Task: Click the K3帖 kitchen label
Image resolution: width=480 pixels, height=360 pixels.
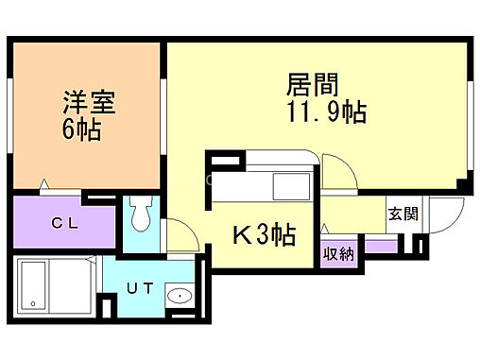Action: click(260, 233)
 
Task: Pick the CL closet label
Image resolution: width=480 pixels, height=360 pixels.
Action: click(64, 224)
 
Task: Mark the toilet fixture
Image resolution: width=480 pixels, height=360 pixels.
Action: click(141, 214)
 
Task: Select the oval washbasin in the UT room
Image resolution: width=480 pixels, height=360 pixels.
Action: click(178, 298)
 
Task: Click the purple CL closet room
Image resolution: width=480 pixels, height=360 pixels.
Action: click(64, 224)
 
